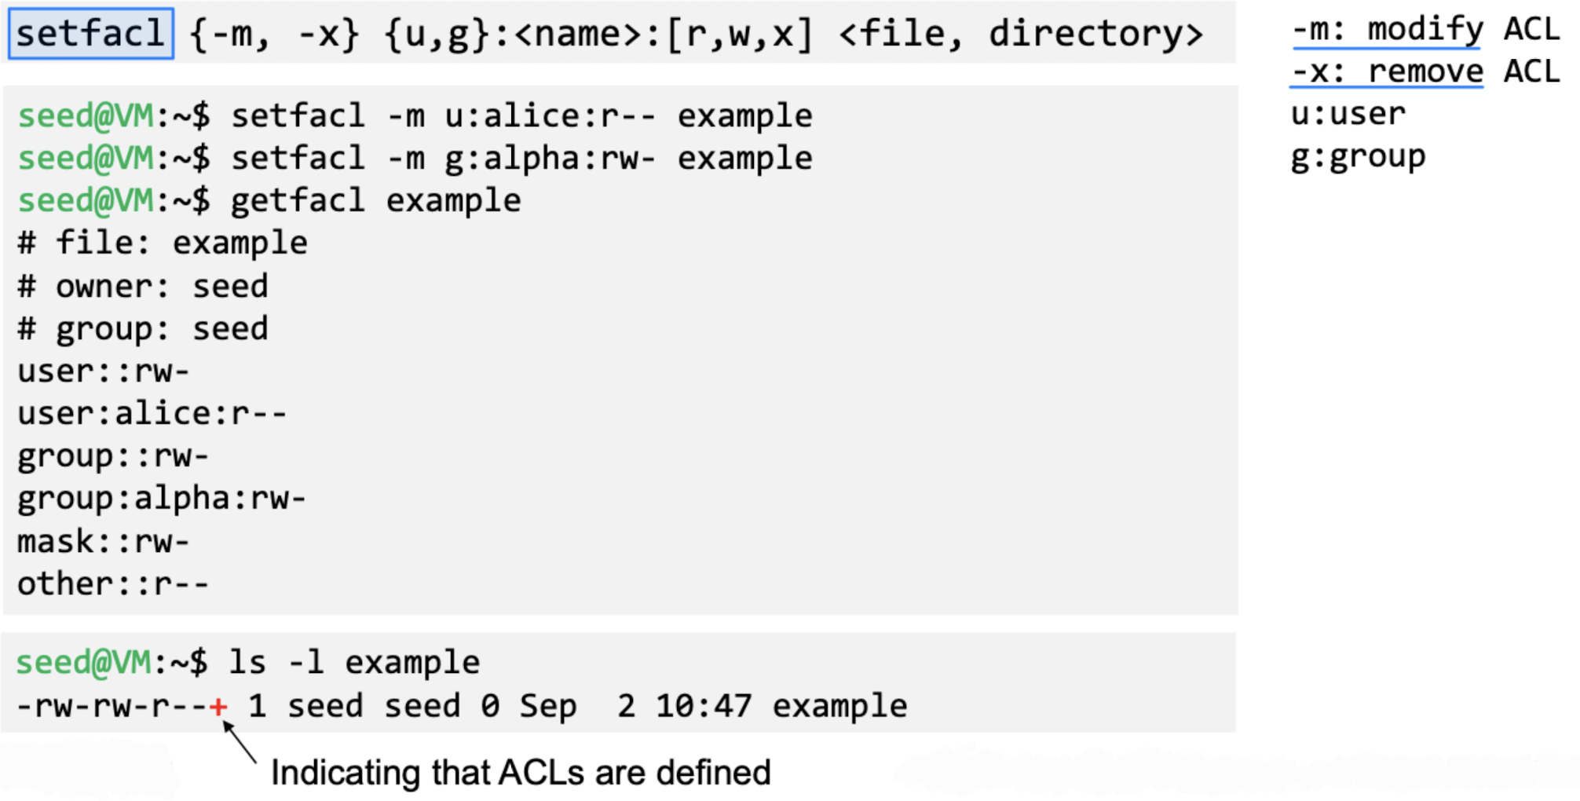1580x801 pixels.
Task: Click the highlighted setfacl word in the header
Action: (90, 34)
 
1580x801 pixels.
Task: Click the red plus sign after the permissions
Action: (219, 707)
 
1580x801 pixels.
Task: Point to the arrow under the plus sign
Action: (240, 742)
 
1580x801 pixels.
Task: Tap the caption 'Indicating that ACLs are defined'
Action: (521, 773)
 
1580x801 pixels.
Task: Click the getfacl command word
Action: (298, 201)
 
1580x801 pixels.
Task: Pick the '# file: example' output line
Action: (163, 243)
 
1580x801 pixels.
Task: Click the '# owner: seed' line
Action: (143, 287)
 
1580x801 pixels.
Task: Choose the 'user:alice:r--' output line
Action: (152, 414)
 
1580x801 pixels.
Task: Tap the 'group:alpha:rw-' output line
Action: (162, 499)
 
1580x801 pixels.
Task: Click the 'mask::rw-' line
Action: (104, 542)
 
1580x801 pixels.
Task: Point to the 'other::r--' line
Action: (113, 584)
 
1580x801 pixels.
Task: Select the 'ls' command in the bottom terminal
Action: (247, 663)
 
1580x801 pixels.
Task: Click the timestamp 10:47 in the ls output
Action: (704, 706)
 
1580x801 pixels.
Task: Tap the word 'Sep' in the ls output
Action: (548, 706)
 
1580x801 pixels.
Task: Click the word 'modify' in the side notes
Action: (1425, 30)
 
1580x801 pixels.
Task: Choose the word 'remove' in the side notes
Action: (1425, 71)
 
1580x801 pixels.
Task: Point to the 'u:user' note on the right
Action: (1348, 115)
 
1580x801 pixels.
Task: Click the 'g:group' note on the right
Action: (1358, 157)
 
